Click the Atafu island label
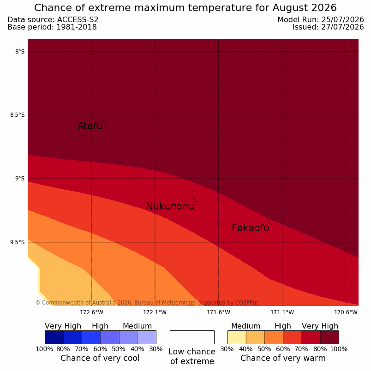tap(90, 126)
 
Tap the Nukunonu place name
tap(170, 206)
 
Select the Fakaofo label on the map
tap(250, 227)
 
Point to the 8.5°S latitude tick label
tap(17, 115)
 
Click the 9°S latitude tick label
tap(20, 179)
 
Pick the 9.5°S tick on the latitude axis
tap(17, 242)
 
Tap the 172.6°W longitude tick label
tap(91, 312)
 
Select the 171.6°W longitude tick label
tap(218, 312)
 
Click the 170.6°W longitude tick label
tap(346, 312)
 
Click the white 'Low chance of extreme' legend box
tap(192, 337)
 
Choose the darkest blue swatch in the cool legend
tap(54, 337)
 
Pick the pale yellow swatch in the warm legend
tap(237, 337)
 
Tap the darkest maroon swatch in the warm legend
tap(329, 337)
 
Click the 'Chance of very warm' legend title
tap(283, 358)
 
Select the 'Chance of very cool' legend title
tap(100, 358)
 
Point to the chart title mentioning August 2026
tap(185, 8)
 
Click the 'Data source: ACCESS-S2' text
tap(53, 20)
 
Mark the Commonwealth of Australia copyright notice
tap(147, 303)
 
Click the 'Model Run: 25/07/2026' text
tap(321, 20)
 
